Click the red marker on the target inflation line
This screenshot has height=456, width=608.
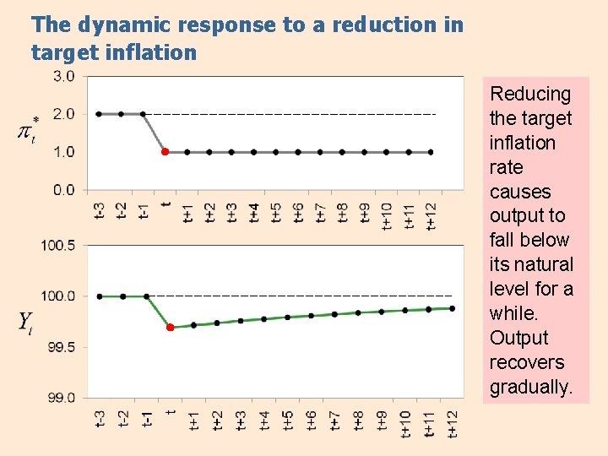tap(165, 152)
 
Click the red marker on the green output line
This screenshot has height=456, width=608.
tap(170, 327)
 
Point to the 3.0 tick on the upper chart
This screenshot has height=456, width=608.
tap(64, 76)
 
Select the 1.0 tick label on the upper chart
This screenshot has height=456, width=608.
tap(64, 152)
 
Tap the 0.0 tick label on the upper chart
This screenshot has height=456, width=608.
tap(64, 190)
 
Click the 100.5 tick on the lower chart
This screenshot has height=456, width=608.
tap(58, 246)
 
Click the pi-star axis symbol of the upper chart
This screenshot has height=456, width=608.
tap(27, 131)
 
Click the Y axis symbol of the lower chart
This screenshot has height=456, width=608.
tap(26, 322)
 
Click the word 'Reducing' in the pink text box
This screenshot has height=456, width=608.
tap(530, 94)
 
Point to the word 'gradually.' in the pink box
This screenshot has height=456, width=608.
tap(530, 387)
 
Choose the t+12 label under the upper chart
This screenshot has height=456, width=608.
tap(431, 211)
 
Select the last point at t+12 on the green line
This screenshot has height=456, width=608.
tap(452, 308)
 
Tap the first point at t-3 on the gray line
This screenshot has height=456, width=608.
tap(99, 113)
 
